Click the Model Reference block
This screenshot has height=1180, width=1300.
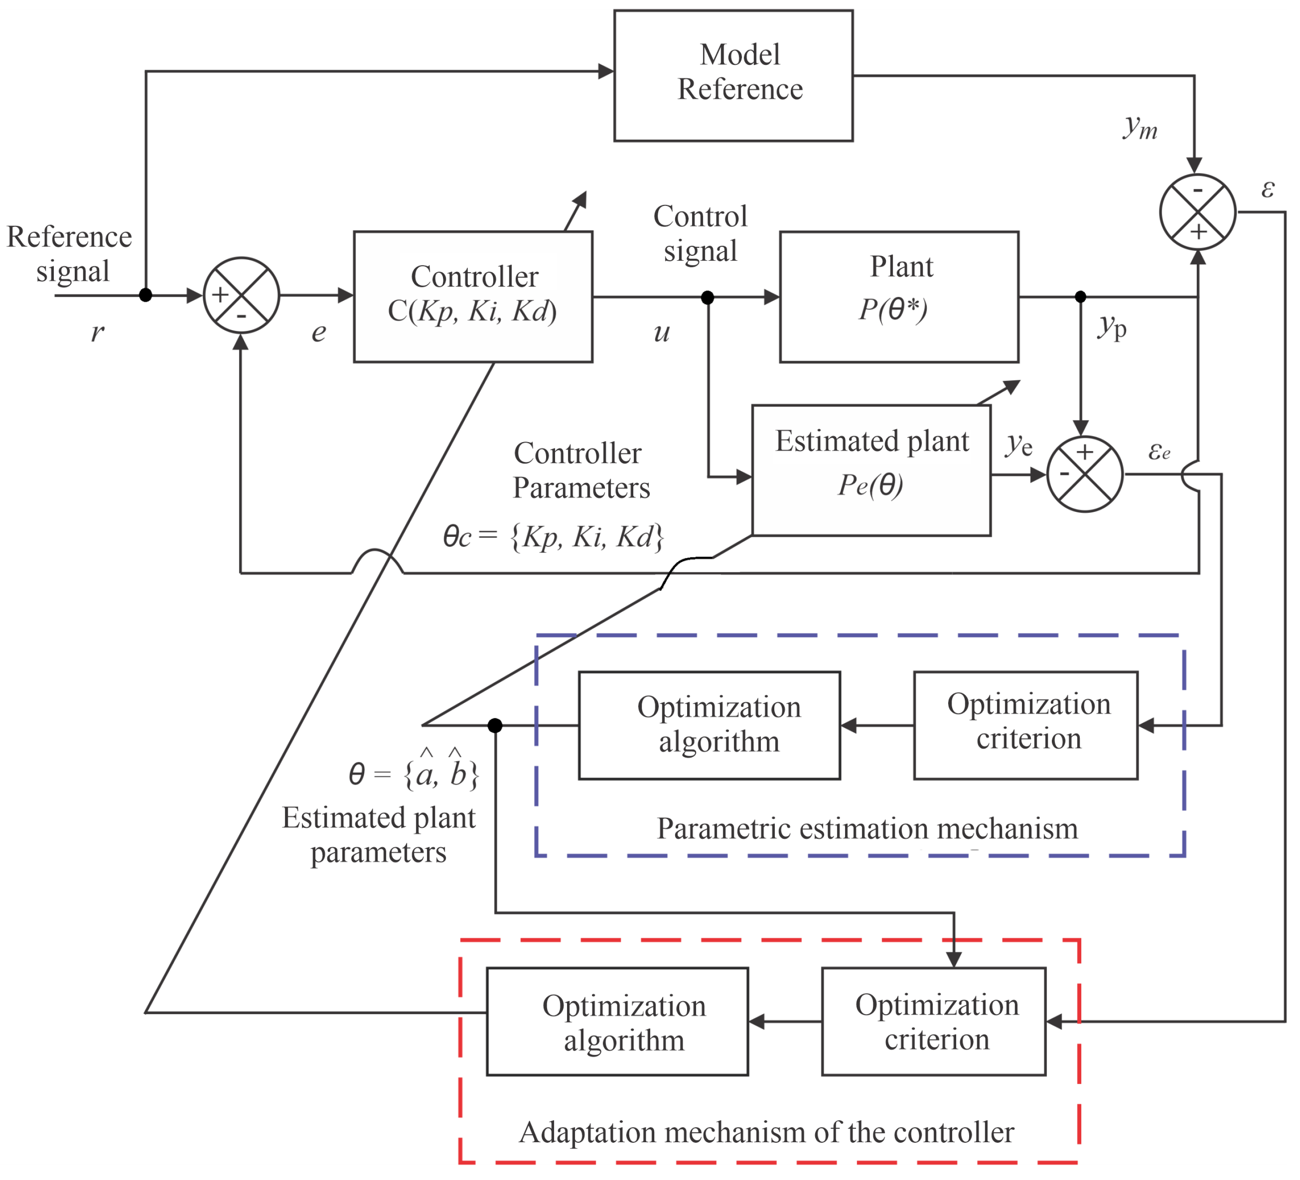[x=733, y=76]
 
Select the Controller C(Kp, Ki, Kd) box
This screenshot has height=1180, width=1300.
[x=473, y=297]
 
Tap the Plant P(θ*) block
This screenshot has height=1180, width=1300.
[x=899, y=297]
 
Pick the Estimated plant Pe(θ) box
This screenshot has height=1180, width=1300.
[x=871, y=470]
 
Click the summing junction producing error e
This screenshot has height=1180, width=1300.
[x=241, y=295]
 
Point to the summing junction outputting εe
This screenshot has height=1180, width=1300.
[x=1085, y=475]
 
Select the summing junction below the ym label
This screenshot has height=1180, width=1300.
[x=1197, y=212]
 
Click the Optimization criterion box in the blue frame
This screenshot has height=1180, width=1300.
[x=1025, y=725]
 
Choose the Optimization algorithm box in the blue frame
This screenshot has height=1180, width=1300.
[x=709, y=725]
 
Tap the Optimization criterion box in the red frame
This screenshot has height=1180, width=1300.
[x=933, y=1021]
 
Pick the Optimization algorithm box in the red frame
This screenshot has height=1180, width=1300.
[x=617, y=1021]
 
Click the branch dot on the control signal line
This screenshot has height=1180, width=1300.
[x=708, y=297]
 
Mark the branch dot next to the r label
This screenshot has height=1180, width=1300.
[x=146, y=295]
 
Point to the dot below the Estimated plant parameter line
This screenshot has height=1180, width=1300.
[x=495, y=725]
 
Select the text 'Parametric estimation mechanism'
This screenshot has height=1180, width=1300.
[x=867, y=829]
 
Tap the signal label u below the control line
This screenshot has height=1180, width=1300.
[x=662, y=333]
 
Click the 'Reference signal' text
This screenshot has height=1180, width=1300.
[x=70, y=254]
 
